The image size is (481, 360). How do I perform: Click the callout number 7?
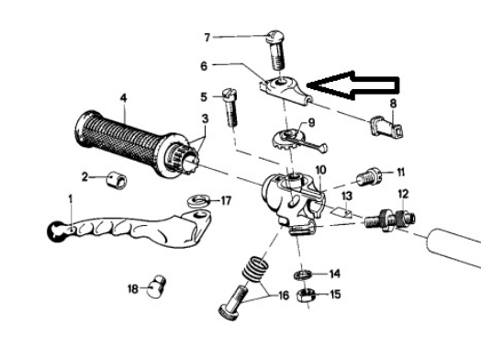[x=207, y=38]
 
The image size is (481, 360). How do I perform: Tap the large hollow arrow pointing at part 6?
[x=352, y=85]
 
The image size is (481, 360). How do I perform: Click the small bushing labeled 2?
[x=117, y=180]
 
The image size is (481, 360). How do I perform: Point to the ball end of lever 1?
[x=54, y=231]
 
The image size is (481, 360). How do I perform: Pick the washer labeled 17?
[x=199, y=201]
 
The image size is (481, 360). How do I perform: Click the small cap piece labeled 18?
[x=157, y=287]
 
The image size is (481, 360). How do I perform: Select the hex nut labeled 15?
[x=305, y=296]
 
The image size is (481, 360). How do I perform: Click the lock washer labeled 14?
[x=303, y=275]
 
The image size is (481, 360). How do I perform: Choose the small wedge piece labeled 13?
[x=341, y=211]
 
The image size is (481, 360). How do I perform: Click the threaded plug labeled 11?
[x=368, y=176]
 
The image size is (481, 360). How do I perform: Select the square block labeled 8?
[x=386, y=126]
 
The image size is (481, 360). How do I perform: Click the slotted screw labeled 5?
[x=230, y=107]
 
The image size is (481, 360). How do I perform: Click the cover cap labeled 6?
[x=285, y=90]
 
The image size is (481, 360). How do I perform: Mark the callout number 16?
[x=283, y=295]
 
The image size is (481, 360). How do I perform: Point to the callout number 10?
[x=320, y=170]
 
